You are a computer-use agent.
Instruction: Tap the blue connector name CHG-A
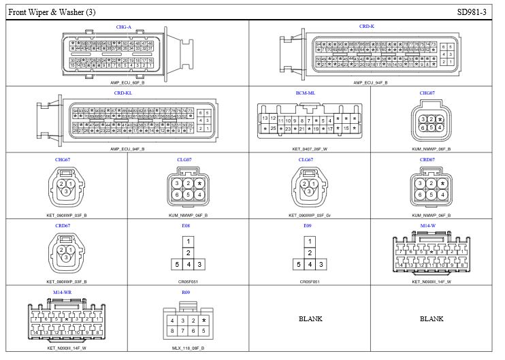pyautogui.click(x=123, y=27)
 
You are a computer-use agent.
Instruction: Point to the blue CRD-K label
pyautogui.click(x=367, y=27)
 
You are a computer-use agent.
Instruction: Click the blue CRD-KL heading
pyautogui.click(x=123, y=93)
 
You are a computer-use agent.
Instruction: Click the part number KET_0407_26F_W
pyautogui.click(x=310, y=148)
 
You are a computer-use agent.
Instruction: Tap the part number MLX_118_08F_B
pyautogui.click(x=185, y=347)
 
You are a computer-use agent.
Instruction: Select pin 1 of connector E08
pyautogui.click(x=186, y=241)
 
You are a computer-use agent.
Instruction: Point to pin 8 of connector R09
pyautogui.click(x=173, y=331)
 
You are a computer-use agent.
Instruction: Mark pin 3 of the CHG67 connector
pyautogui.click(x=66, y=191)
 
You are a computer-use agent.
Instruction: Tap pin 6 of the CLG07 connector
pyautogui.click(x=178, y=195)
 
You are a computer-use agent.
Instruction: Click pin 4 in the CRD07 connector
pyautogui.click(x=442, y=195)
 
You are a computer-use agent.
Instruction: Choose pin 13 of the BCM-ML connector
pyautogui.click(x=265, y=118)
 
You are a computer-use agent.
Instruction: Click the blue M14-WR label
pyautogui.click(x=62, y=291)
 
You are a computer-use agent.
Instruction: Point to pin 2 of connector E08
pyautogui.click(x=186, y=252)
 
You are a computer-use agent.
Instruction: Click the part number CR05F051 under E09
pyautogui.click(x=310, y=281)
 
